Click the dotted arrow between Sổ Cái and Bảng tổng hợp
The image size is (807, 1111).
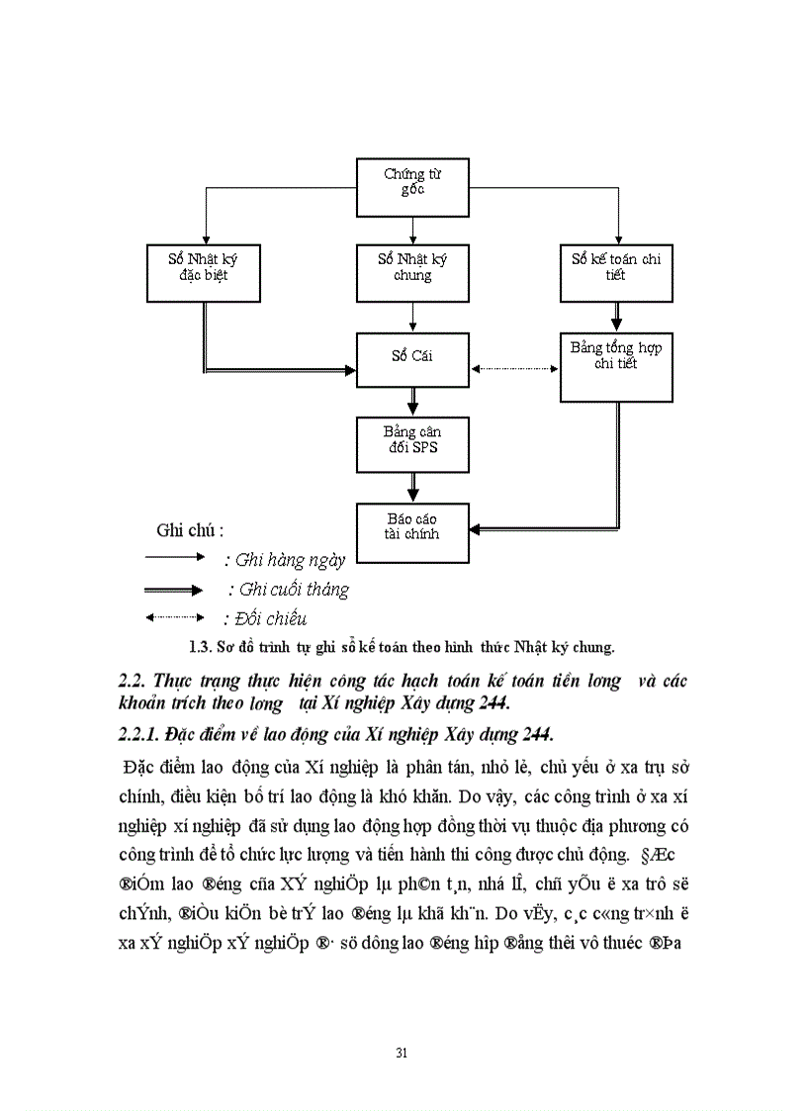click(x=514, y=369)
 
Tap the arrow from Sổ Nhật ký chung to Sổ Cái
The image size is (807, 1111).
click(x=412, y=316)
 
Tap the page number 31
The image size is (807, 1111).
click(x=402, y=1052)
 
